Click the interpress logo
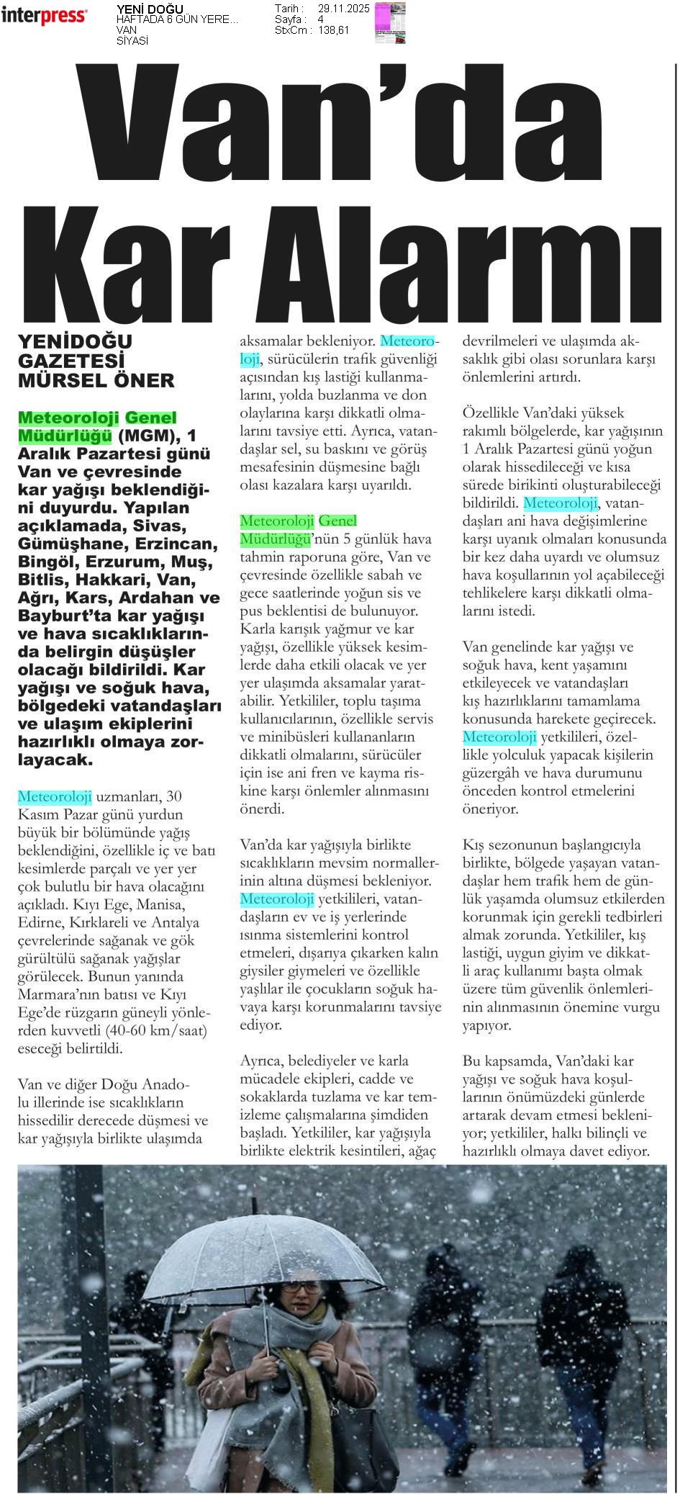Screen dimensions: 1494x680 (x=44, y=15)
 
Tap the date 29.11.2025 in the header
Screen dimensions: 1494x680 (x=343, y=9)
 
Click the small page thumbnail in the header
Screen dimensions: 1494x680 (x=389, y=22)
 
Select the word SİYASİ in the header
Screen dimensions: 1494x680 (x=132, y=41)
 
